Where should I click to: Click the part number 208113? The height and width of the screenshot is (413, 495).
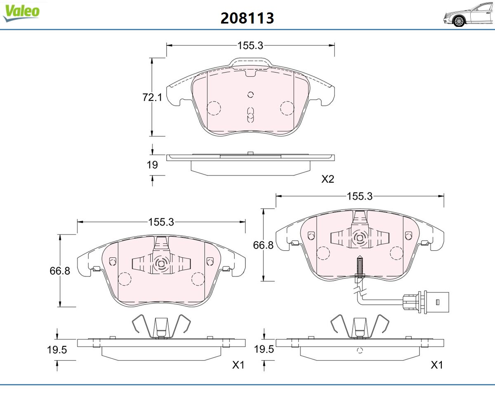247,18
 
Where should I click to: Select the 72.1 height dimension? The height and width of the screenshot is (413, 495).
152,97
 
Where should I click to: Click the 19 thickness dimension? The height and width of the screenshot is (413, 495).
152,165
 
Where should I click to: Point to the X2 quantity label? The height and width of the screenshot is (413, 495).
328,179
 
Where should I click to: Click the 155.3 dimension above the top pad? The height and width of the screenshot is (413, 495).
250,45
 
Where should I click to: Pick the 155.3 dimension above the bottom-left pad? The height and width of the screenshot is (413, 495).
161,222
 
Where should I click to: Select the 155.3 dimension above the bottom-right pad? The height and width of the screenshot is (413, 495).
360,196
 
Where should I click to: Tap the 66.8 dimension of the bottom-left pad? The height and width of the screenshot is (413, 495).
60,271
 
